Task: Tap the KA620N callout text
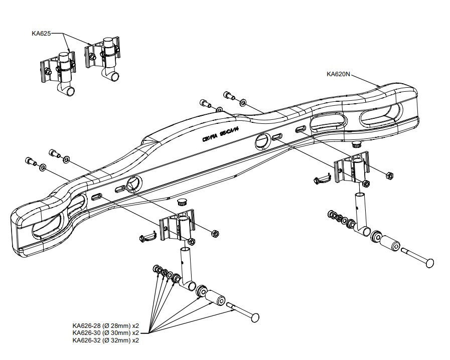[x=338, y=74]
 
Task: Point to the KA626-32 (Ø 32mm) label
[x=105, y=340]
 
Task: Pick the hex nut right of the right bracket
[x=388, y=175]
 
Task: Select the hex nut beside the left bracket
[x=214, y=233]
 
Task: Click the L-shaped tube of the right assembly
[x=362, y=216]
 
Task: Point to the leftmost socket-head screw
[x=30, y=161]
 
